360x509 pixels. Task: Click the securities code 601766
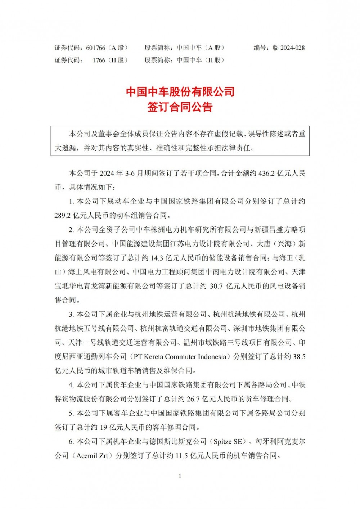(96, 48)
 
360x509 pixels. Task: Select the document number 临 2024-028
(289, 48)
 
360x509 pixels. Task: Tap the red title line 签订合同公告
(180, 107)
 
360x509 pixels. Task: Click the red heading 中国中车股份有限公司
(180, 92)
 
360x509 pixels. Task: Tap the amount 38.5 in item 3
(299, 356)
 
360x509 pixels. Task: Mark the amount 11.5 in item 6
(182, 455)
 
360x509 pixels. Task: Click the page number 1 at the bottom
(180, 476)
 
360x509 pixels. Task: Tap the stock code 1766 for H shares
(99, 60)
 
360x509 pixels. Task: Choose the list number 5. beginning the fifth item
(71, 413)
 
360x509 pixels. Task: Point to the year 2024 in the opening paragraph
(107, 173)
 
